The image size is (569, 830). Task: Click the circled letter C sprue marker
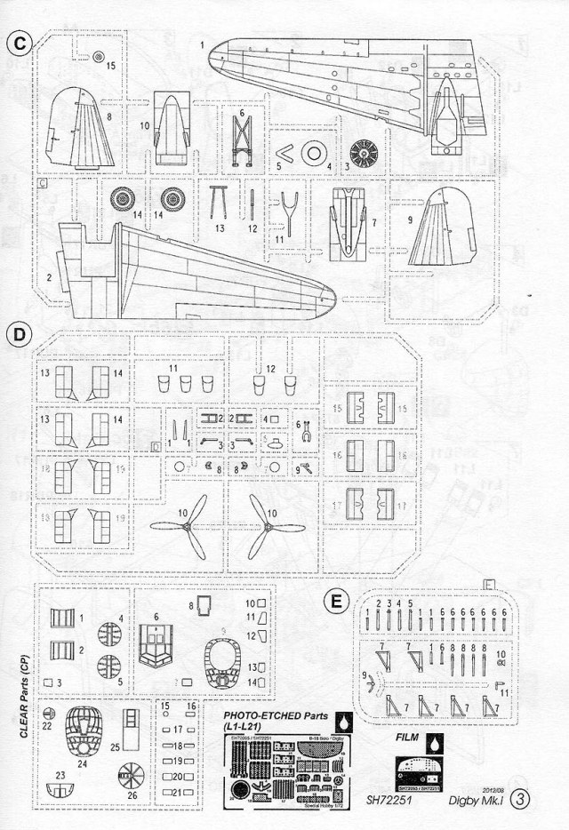(x=20, y=43)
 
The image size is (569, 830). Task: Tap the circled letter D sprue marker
(x=20, y=335)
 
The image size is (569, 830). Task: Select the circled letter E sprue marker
(x=336, y=603)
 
